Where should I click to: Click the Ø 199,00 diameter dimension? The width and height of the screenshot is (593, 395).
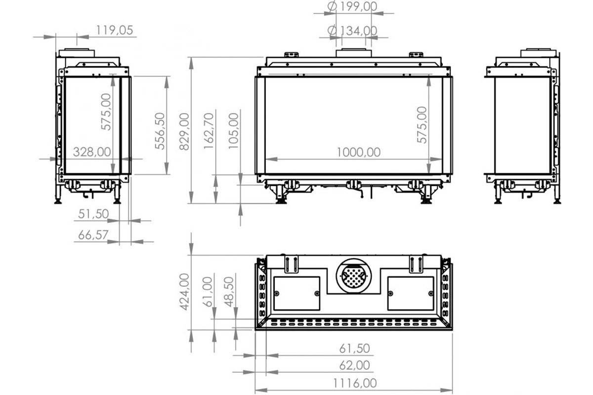352,6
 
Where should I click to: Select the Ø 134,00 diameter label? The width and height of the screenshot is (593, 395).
352,31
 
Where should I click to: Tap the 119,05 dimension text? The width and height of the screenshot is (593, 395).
114,30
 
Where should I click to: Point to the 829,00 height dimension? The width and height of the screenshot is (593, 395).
184,131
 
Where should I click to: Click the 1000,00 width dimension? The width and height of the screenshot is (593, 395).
358,152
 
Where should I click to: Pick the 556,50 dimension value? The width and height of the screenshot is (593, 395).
160,131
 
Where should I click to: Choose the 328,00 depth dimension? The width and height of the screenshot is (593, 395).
92,152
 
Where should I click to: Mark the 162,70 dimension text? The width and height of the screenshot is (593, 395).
209,131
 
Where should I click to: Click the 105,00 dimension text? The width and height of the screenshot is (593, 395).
233,131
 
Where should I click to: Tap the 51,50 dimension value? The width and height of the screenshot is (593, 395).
93,214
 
